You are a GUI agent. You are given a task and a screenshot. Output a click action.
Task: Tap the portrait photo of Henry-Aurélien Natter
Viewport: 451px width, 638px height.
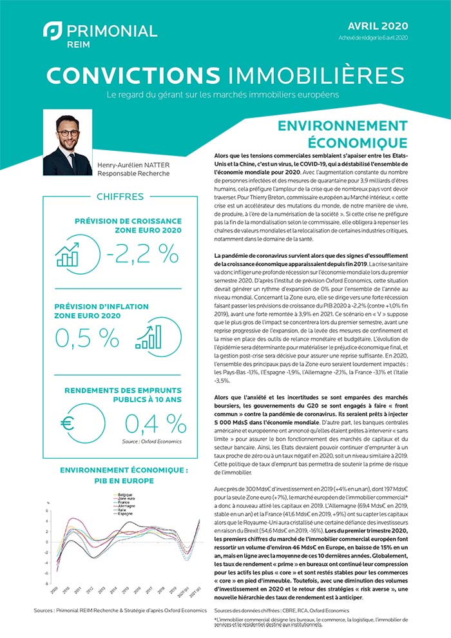pyautogui.click(x=67, y=146)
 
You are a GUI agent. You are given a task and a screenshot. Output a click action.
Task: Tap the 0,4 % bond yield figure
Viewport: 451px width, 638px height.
pyautogui.click(x=155, y=423)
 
